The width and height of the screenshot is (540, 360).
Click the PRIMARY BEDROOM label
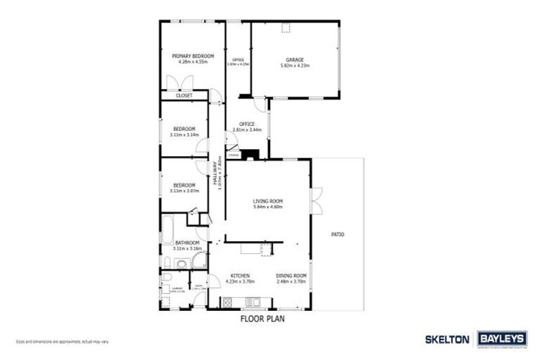(x=193, y=56)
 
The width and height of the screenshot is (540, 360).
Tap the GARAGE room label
(x=294, y=59)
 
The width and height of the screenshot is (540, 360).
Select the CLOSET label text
(x=184, y=95)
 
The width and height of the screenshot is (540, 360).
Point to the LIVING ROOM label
(x=267, y=201)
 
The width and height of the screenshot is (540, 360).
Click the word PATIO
(x=337, y=234)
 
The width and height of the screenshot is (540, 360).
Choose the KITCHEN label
(x=240, y=275)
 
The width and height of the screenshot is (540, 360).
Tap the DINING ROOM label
(x=291, y=275)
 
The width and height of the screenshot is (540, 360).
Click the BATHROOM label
(x=187, y=243)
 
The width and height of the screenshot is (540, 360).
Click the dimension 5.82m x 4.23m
(x=294, y=65)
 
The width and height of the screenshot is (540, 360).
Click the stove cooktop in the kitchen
(x=230, y=303)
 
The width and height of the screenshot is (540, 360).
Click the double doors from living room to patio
(x=317, y=200)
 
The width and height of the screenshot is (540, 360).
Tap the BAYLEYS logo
(x=502, y=339)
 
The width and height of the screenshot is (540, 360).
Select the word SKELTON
(x=447, y=339)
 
